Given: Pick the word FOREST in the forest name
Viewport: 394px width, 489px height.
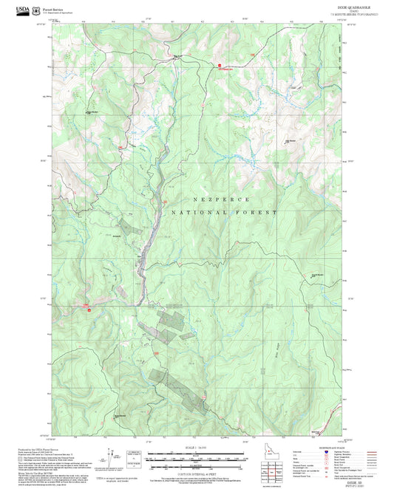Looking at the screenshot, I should coord(259,213).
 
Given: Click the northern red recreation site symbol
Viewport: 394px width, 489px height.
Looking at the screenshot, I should coord(220,66).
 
